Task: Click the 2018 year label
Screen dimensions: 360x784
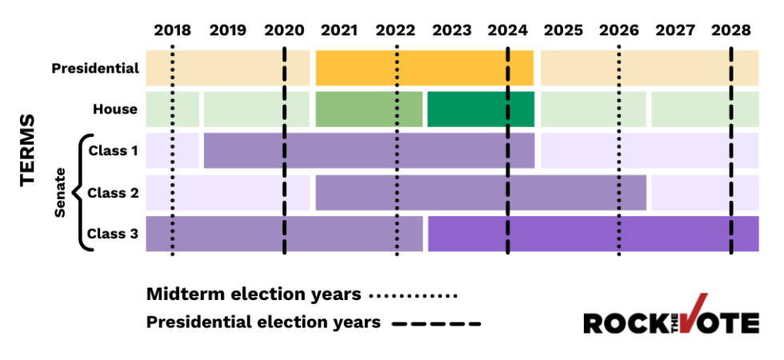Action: tap(172, 30)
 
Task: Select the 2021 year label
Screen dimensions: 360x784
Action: tap(339, 30)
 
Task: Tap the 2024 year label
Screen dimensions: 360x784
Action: tap(507, 30)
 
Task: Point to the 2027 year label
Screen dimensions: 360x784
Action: tap(674, 30)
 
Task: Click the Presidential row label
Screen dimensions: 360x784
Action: tap(95, 68)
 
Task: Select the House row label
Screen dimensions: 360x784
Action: tap(115, 110)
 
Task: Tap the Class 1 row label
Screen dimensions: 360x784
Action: tap(113, 150)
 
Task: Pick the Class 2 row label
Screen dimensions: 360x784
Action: tap(113, 192)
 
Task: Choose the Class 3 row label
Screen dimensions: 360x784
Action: tap(113, 234)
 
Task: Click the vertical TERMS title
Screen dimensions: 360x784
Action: tap(29, 150)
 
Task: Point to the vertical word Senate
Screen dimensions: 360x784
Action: tap(60, 192)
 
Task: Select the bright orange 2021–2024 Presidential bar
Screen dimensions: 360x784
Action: tap(424, 68)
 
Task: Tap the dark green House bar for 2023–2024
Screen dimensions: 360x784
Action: tap(480, 110)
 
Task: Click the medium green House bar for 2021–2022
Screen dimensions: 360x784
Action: tap(369, 110)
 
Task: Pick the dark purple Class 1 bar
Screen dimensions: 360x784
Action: tap(369, 150)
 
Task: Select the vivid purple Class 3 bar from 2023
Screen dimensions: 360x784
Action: tap(593, 234)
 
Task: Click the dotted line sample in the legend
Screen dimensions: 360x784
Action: tap(413, 295)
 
